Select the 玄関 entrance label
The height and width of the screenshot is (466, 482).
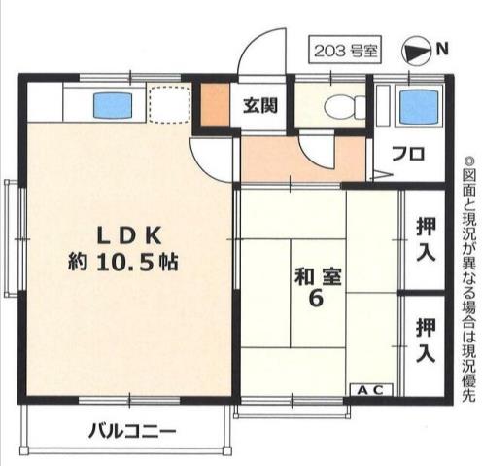[x=260, y=105]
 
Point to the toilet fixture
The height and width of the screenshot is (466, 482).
[x=340, y=106]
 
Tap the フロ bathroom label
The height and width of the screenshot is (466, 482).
[x=408, y=153]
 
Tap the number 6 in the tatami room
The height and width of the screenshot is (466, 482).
[x=315, y=301]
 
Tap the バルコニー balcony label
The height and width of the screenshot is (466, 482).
[x=132, y=429]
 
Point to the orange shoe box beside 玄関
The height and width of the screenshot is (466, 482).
[x=213, y=106]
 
